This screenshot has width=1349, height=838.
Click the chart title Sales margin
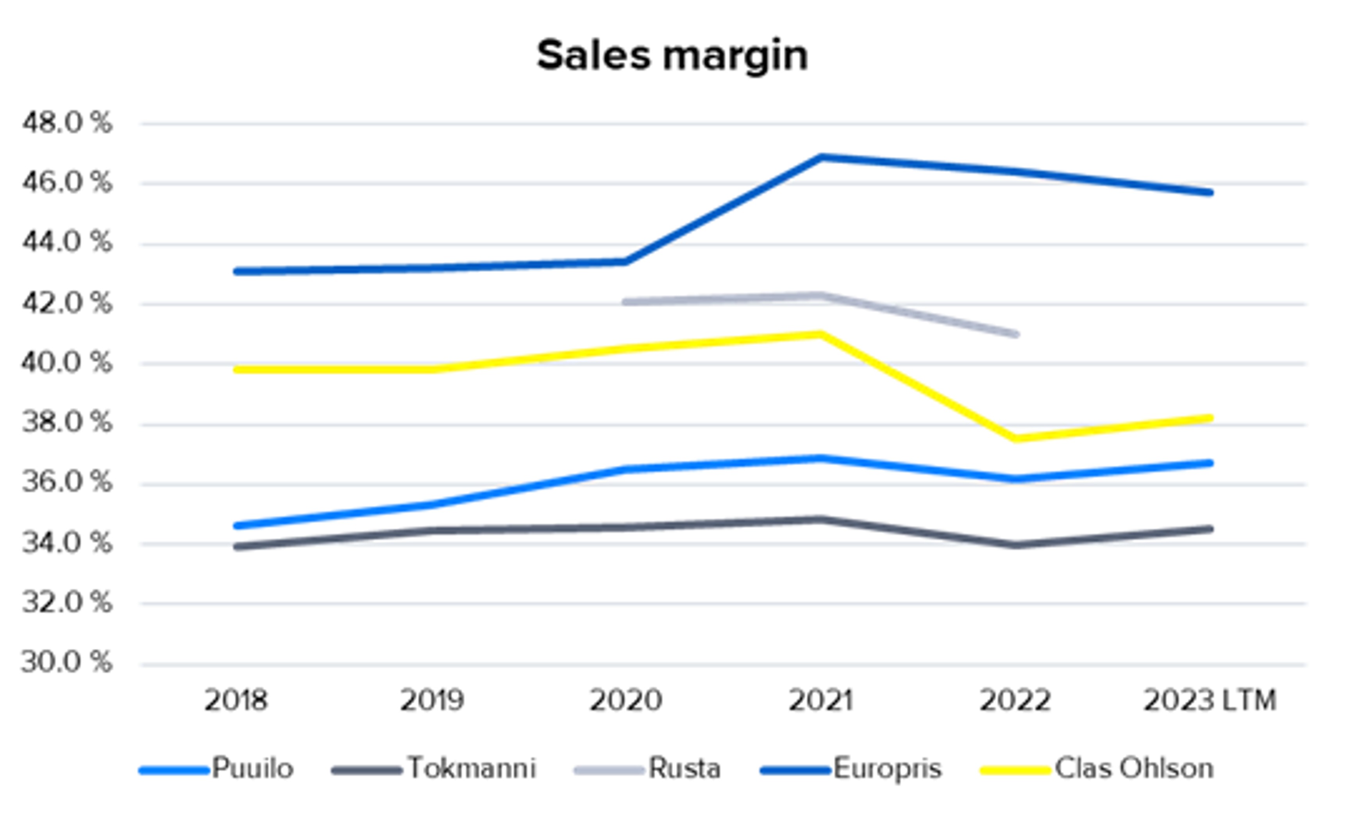point(672,56)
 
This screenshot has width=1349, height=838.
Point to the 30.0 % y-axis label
point(66,662)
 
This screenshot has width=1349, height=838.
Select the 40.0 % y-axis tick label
point(66,363)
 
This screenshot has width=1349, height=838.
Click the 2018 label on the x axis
point(236,700)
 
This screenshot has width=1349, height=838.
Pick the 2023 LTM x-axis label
point(1210,700)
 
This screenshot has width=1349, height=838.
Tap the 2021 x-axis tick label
point(820,700)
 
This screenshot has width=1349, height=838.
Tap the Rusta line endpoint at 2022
point(1015,334)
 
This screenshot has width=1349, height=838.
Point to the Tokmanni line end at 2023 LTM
point(1210,529)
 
